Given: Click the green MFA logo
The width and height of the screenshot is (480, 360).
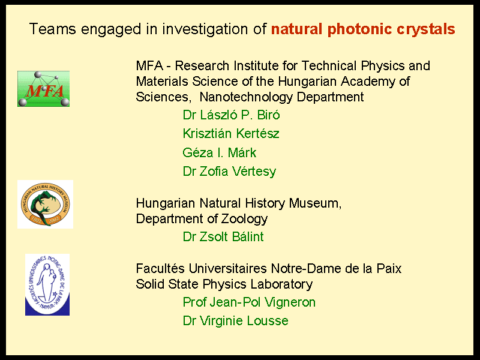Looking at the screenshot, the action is coord(43,89).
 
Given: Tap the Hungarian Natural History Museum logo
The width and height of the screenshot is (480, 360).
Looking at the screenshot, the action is coord(46,204).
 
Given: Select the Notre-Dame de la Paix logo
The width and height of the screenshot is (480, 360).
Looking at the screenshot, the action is coord(47,284).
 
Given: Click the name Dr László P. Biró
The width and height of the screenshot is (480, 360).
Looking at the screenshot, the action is coord(231,115).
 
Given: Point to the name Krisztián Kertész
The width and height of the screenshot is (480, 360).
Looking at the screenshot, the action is coord(231,133).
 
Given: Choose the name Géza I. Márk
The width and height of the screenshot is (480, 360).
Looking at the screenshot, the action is coord(220,152).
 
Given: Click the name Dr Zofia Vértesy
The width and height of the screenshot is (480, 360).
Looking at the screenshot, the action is coord(229,172).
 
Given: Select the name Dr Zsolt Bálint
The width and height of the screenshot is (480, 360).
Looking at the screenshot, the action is coord(223,236).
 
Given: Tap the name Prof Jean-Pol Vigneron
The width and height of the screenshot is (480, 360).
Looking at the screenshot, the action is coord(249,302).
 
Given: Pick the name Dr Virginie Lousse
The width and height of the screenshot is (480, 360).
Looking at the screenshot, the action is coord(235,321).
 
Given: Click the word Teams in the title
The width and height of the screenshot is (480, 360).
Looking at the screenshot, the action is coord(52,29).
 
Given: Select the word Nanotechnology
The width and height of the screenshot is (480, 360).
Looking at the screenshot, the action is coord(247,97).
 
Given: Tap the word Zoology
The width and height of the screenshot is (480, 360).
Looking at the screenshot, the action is coord(244,219).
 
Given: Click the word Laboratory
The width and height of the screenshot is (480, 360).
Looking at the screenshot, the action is coord(281,284).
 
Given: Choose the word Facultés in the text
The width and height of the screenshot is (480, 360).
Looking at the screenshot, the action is coord(160,268).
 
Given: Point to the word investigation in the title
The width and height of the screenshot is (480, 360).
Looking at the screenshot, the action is coord(205,29).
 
